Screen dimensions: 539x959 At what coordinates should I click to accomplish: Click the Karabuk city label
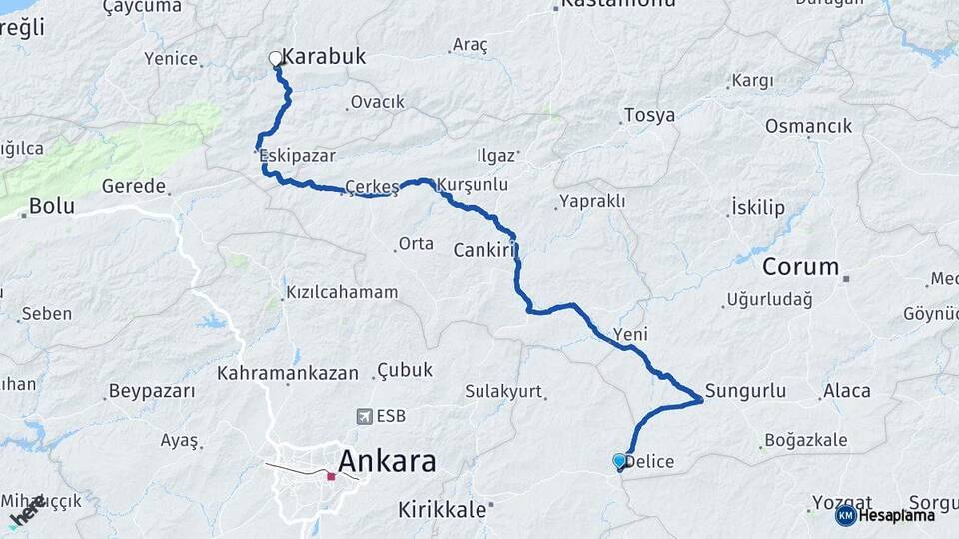pos(324,57)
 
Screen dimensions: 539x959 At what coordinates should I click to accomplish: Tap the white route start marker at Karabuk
pos(275,59)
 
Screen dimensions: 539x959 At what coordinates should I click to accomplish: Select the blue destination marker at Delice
pos(620,461)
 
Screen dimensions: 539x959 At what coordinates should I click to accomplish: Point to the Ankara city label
pos(387,461)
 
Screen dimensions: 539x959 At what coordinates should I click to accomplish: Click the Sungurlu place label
pos(745,390)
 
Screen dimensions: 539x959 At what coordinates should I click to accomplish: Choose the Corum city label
pos(801,267)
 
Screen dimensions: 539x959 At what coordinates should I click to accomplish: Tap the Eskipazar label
pos(297,156)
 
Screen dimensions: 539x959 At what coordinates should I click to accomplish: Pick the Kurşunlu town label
pos(475,185)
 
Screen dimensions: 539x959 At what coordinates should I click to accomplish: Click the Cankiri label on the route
pos(483,249)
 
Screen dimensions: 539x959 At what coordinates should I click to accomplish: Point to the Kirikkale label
pos(443,509)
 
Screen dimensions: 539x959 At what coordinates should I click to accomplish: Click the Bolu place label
pos(52,206)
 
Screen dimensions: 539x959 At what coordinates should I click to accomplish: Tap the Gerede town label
pos(133,186)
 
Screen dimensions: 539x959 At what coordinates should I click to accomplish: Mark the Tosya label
pos(649,115)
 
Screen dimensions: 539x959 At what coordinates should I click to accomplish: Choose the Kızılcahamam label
pos(342,293)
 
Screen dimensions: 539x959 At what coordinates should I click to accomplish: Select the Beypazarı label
pos(152,390)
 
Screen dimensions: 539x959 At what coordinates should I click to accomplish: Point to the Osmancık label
pos(808,126)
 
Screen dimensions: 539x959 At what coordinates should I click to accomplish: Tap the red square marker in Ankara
pos(331,477)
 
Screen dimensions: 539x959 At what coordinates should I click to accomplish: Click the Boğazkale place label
pos(805,440)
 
